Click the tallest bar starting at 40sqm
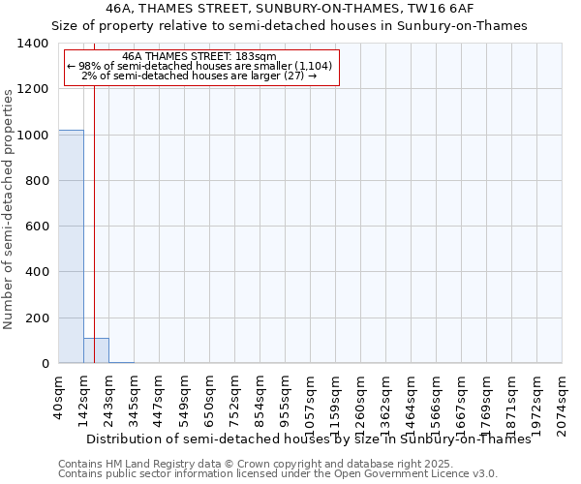tap(71, 246)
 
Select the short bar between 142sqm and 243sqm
tap(96, 350)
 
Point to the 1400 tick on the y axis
tap(34, 44)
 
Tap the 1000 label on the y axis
tap(34, 136)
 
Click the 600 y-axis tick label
tap(38, 227)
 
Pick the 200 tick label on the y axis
tap(38, 318)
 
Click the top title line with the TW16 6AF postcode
tap(290, 9)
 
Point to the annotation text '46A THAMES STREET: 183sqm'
tap(200, 57)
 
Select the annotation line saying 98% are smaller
tap(200, 66)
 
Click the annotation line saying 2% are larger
tap(200, 76)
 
